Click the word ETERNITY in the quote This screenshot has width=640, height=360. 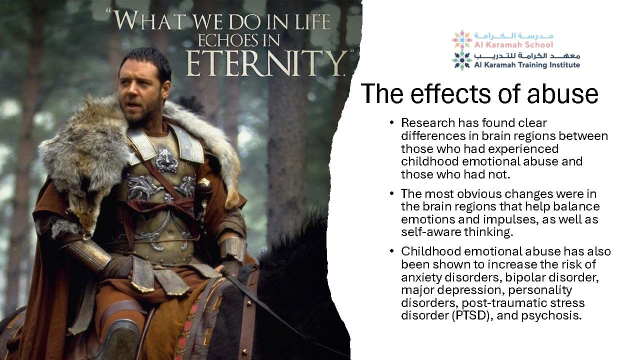(x=265, y=63)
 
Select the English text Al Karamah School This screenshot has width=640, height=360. (x=513, y=45)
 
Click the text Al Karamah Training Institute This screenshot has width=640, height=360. (x=527, y=65)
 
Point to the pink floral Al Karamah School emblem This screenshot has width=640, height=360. (x=461, y=39)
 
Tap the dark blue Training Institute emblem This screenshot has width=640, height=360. (x=461, y=60)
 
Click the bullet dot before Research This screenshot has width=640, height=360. (x=391, y=123)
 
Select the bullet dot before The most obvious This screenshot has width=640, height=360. (x=391, y=193)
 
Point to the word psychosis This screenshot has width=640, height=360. (x=551, y=315)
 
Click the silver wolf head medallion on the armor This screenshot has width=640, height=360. (x=166, y=160)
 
